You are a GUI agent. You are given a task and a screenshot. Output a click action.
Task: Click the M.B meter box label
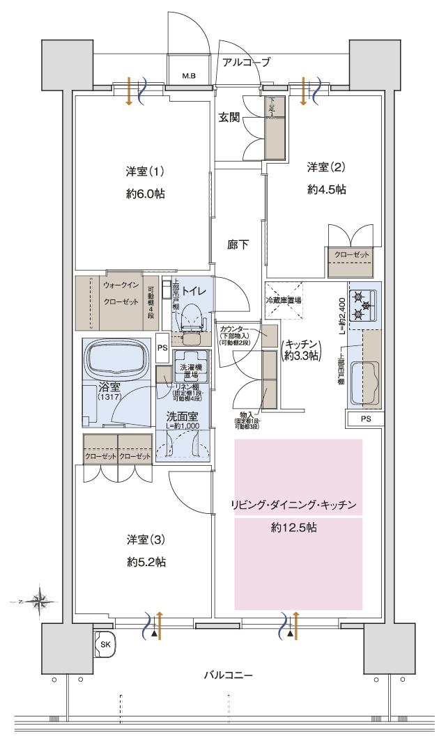click(189, 75)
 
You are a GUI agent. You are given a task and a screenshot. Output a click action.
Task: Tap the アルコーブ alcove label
click(246, 62)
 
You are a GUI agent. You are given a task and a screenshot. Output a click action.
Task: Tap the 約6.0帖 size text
click(146, 194)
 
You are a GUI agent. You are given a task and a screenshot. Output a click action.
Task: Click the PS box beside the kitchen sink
click(365, 419)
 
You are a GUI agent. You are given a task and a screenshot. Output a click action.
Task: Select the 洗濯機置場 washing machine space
click(187, 370)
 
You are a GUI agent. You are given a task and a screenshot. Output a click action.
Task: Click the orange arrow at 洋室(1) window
click(130, 93)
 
